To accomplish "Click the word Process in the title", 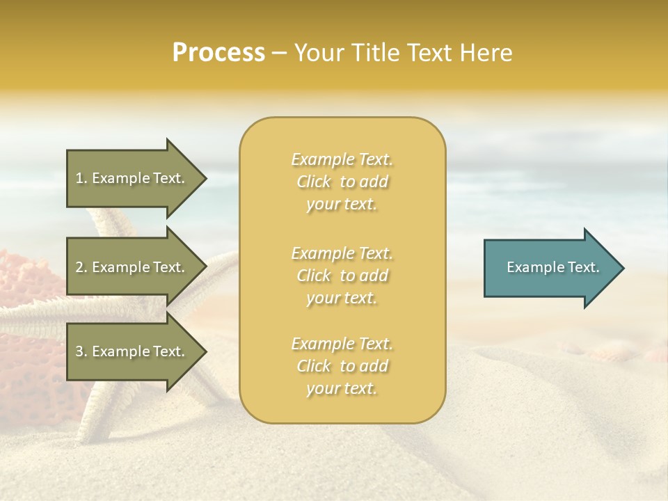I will pyautogui.click(x=218, y=53).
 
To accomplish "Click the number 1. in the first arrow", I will pyautogui.click(x=81, y=178).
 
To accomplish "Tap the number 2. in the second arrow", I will pyautogui.click(x=81, y=267).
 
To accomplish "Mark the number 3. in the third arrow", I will pyautogui.click(x=81, y=351).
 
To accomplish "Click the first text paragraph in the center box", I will pyautogui.click(x=342, y=182).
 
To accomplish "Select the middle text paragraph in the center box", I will pyautogui.click(x=342, y=275).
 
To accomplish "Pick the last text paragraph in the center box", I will pyautogui.click(x=342, y=366).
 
